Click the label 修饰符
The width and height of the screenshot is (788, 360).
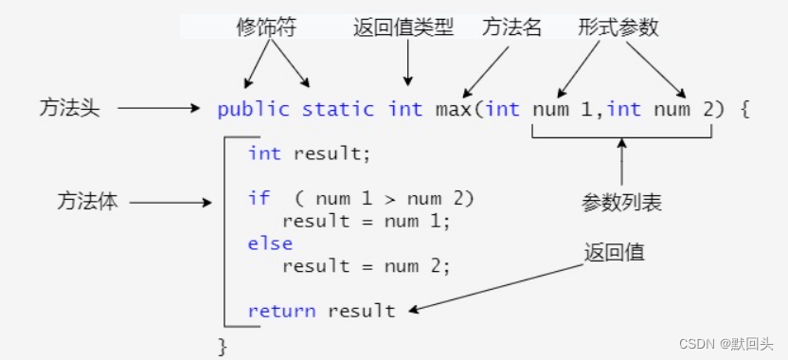click(x=266, y=28)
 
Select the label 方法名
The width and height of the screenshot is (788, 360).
click(x=512, y=28)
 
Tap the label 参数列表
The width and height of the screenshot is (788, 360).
click(x=621, y=203)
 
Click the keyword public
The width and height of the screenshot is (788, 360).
click(x=253, y=109)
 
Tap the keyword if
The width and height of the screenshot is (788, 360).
click(x=259, y=199)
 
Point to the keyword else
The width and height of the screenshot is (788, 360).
click(x=271, y=243)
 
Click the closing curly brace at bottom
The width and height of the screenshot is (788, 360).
click(x=224, y=346)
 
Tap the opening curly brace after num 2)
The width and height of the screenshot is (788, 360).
click(x=744, y=109)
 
